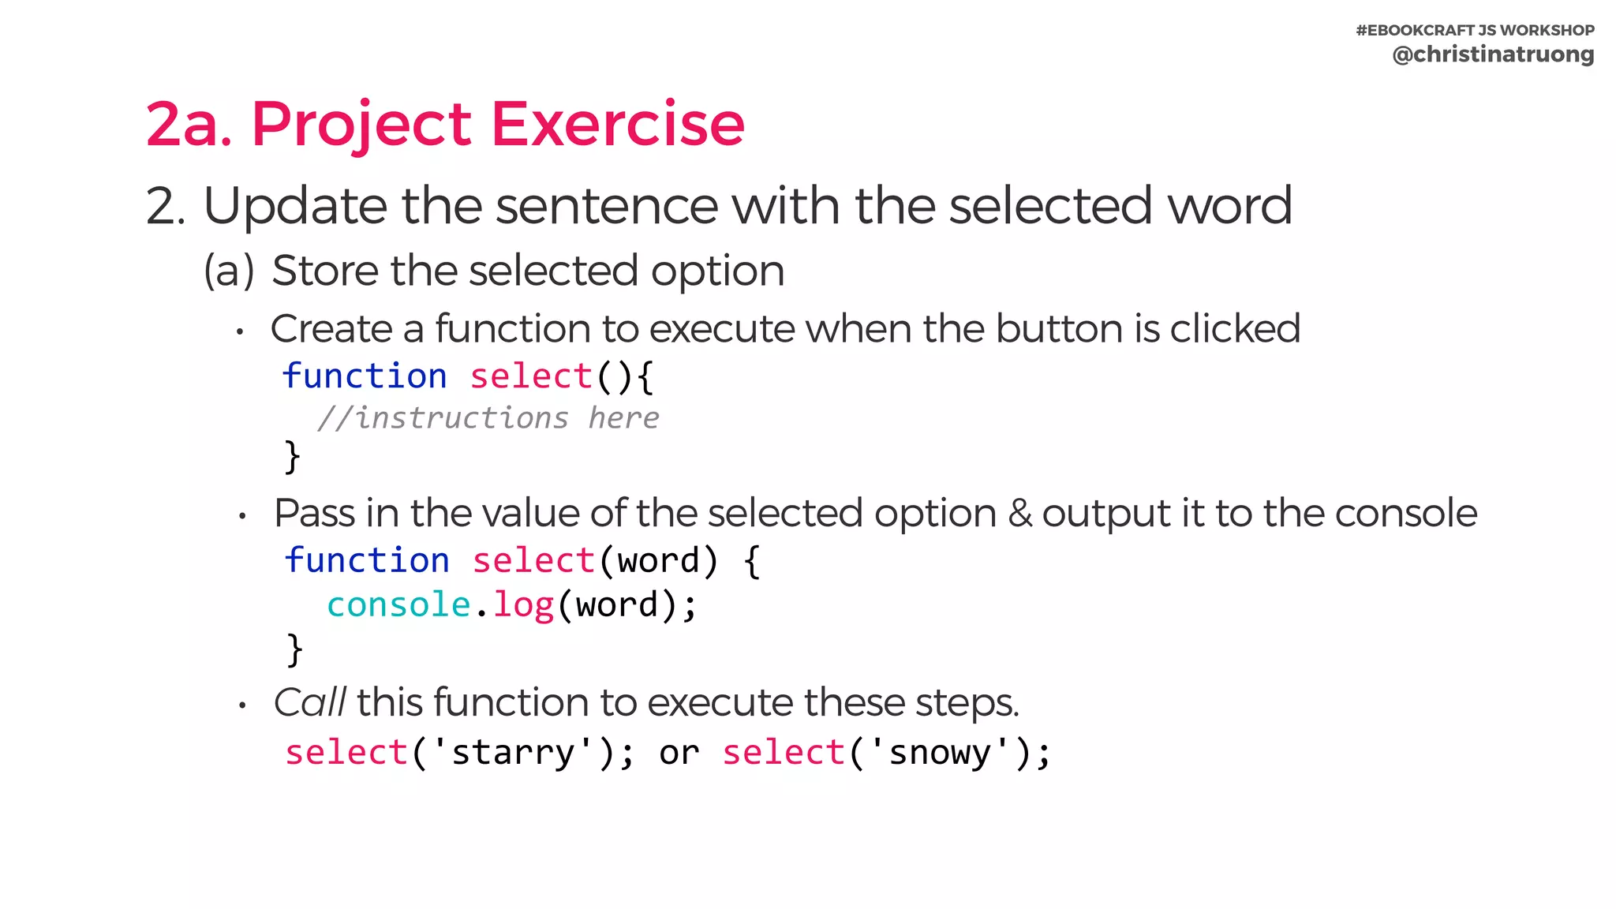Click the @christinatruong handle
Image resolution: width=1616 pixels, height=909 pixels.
[x=1492, y=54]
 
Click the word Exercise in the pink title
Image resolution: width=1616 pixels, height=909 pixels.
[x=618, y=124]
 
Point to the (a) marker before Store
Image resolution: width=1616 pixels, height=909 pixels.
[x=229, y=271]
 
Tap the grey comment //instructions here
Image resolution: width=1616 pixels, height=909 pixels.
[x=488, y=417]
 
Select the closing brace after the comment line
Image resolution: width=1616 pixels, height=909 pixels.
[x=292, y=457]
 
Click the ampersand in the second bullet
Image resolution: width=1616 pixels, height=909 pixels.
[x=1020, y=514]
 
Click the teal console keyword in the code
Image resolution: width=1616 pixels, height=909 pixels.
[x=398, y=605]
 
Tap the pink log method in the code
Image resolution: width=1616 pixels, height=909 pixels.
[x=523, y=605]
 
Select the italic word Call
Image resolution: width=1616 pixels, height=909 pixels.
[x=309, y=702]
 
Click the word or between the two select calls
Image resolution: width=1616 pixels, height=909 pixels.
[x=679, y=754]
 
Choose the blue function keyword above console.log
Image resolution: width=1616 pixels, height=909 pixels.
[x=367, y=560]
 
